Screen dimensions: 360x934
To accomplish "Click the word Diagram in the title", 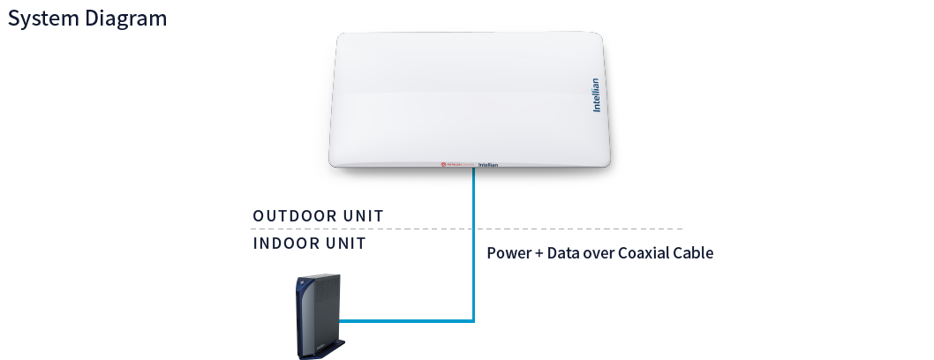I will (125, 19).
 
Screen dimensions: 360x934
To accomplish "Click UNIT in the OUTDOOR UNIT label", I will (365, 216).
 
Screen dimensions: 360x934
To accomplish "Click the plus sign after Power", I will (538, 253).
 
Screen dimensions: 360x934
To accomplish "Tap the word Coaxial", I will (645, 253).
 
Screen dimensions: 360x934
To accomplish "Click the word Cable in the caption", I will (695, 253).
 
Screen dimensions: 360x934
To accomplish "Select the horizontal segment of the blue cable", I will (406, 321).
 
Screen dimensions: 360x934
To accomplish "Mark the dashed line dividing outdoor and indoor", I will (530, 229).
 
